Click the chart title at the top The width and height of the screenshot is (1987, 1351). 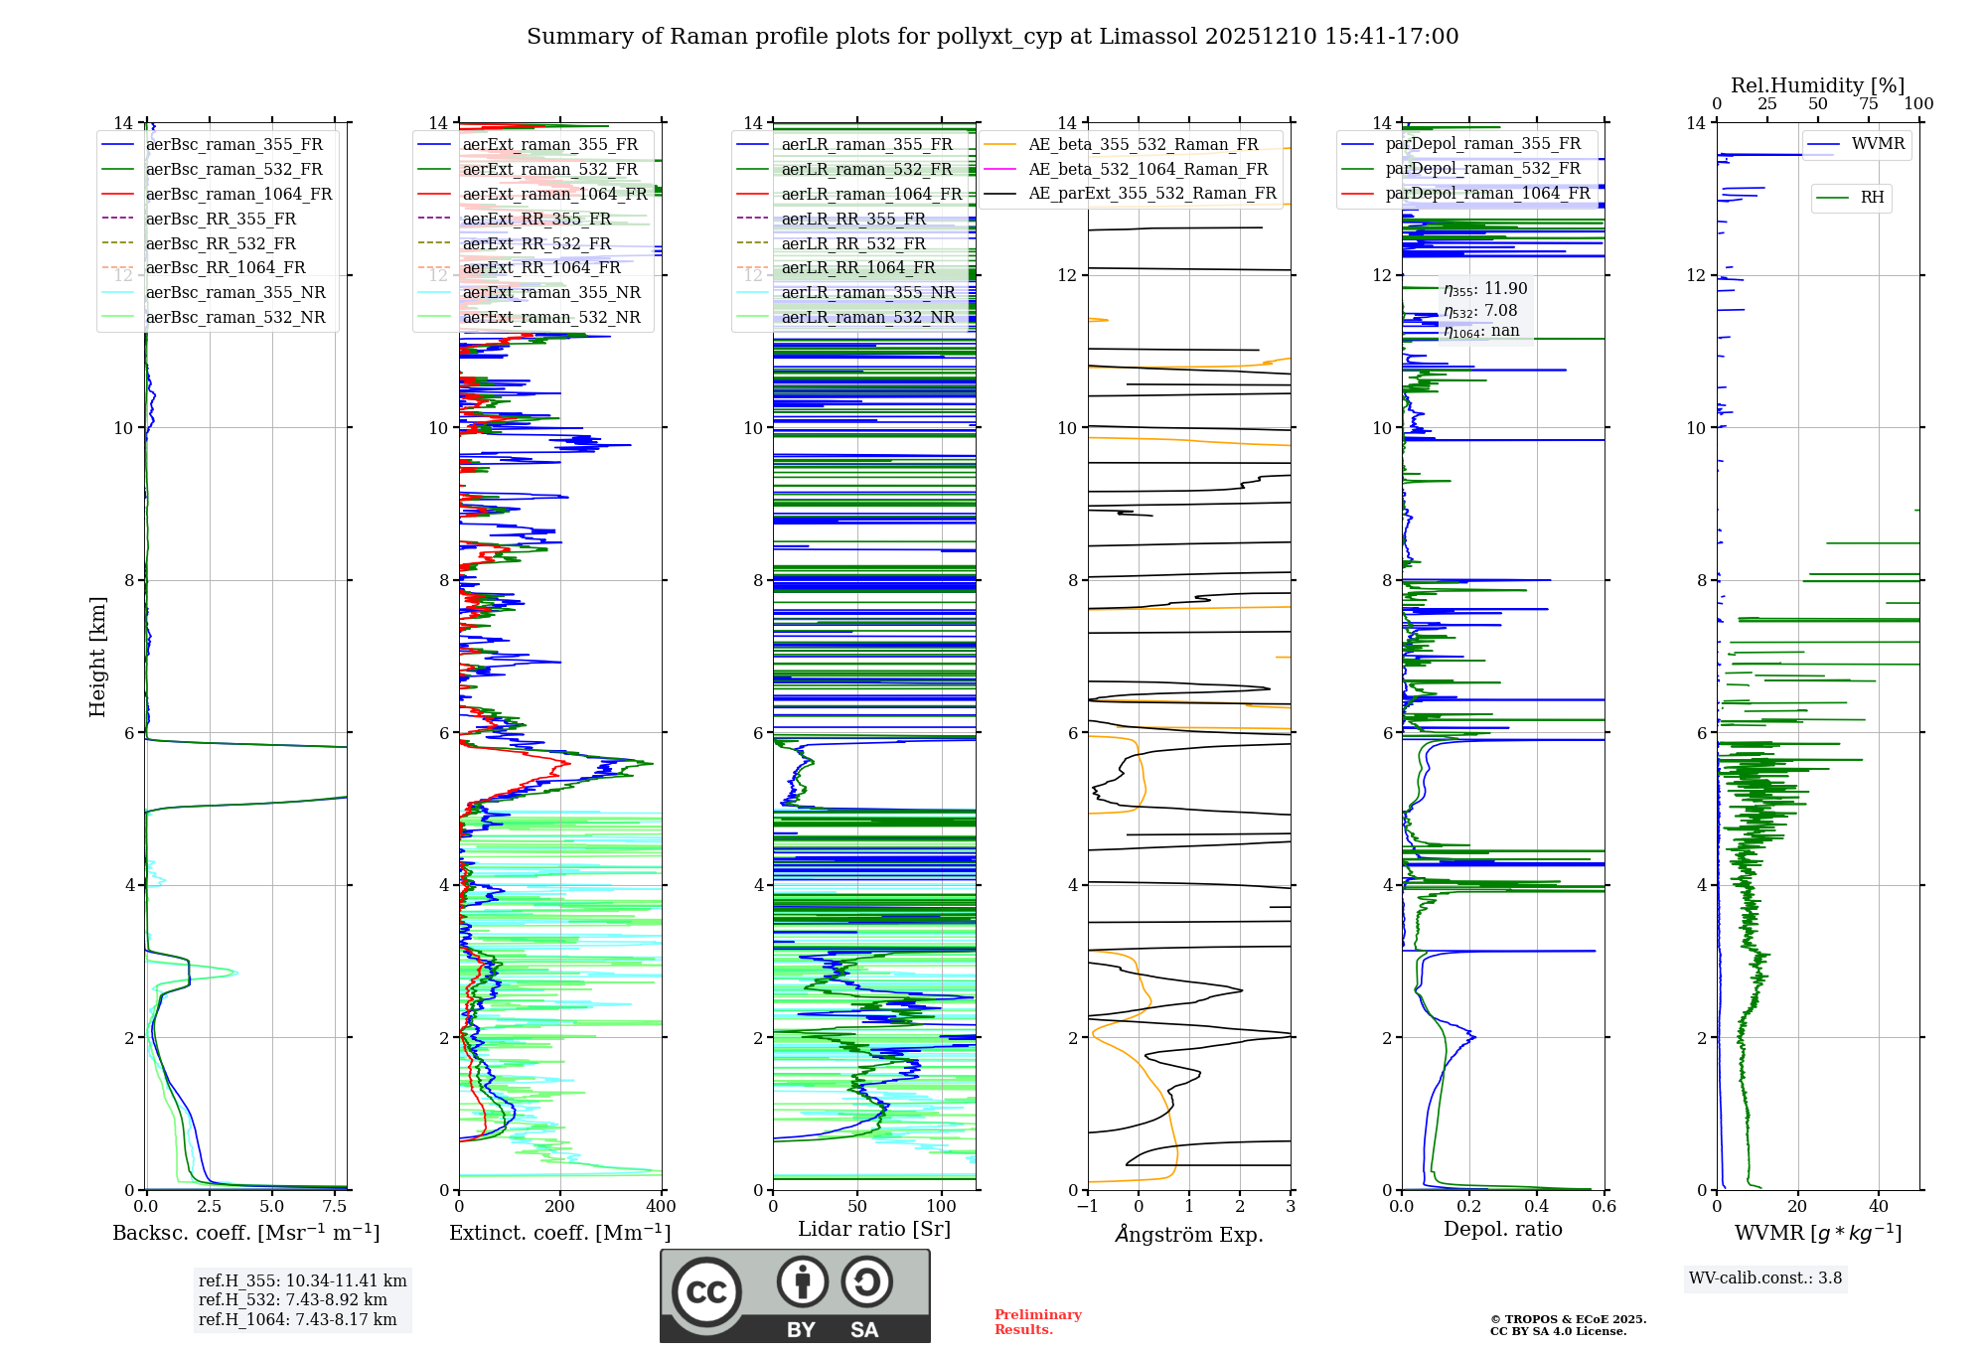coord(993,37)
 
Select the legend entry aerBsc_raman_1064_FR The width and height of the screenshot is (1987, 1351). coord(238,195)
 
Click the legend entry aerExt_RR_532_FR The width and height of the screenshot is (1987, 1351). coord(536,244)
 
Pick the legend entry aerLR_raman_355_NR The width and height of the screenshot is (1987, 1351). coord(867,293)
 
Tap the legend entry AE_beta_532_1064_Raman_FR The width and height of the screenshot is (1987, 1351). coord(1147,170)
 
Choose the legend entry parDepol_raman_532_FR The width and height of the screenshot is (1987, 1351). coord(1482,169)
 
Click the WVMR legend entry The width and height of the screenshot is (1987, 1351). coord(1878,144)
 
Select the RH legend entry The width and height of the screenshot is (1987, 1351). coord(1872,198)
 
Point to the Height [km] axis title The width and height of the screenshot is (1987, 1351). coord(97,657)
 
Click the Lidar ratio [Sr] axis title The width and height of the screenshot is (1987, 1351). coord(874,1230)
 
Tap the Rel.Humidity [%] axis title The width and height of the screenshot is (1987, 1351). coord(1817,85)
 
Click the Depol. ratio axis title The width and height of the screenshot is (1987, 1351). coord(1502,1230)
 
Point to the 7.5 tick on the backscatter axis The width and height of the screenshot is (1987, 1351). coord(335,1207)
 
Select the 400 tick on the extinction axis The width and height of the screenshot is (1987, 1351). coord(661,1207)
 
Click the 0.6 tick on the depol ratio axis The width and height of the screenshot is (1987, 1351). coord(1604,1207)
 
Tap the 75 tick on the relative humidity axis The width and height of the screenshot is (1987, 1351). coord(1869,104)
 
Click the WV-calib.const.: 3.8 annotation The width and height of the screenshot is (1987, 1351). coord(1765,1278)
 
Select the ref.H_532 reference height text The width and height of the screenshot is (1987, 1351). coord(293,1300)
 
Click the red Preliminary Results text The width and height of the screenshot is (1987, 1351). coord(1037,1322)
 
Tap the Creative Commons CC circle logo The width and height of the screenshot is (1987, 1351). coord(706,1292)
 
